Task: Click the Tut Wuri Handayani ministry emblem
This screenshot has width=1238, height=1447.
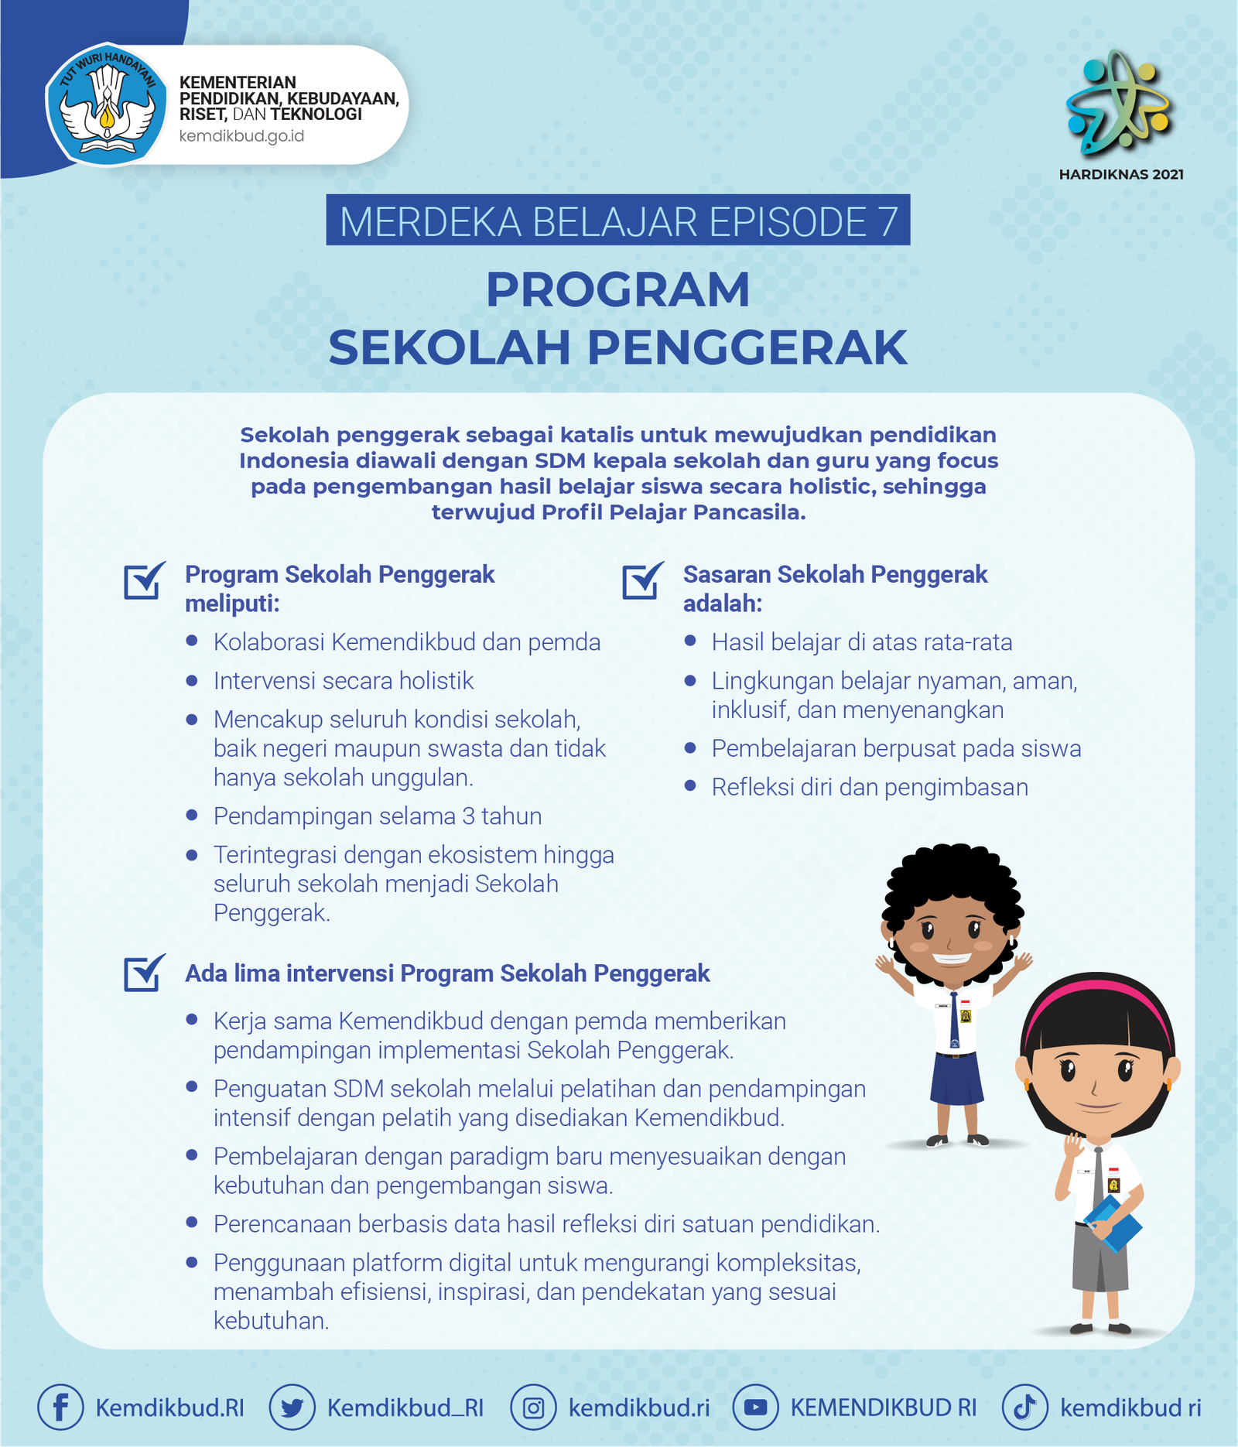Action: tap(106, 105)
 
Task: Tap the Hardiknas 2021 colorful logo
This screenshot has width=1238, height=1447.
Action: tap(1119, 101)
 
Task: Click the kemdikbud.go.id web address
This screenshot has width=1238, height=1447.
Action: tap(241, 137)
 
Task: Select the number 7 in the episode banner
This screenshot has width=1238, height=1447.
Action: tap(887, 222)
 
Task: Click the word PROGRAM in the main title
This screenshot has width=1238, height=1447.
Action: tap(617, 290)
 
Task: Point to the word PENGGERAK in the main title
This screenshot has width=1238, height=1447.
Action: tap(747, 348)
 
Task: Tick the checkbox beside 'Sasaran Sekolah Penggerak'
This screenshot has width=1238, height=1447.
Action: tap(642, 581)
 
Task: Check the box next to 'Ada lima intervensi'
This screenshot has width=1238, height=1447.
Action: tap(144, 973)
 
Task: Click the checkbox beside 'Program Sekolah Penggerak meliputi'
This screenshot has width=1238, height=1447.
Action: tap(144, 581)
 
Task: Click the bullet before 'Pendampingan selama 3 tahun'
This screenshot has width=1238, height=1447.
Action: tap(192, 815)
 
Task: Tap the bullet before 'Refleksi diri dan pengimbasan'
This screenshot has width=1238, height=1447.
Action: tap(690, 786)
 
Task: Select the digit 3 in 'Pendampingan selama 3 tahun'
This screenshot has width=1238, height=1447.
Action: tap(469, 816)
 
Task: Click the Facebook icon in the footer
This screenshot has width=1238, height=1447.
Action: tap(60, 1407)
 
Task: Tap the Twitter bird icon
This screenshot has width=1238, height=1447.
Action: tap(292, 1407)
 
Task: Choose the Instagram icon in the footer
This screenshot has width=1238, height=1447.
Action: tap(533, 1407)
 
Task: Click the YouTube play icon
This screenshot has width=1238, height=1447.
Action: tap(755, 1407)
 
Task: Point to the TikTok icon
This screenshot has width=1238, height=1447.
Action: tap(1024, 1407)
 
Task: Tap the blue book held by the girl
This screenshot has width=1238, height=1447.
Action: tap(1114, 1223)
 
